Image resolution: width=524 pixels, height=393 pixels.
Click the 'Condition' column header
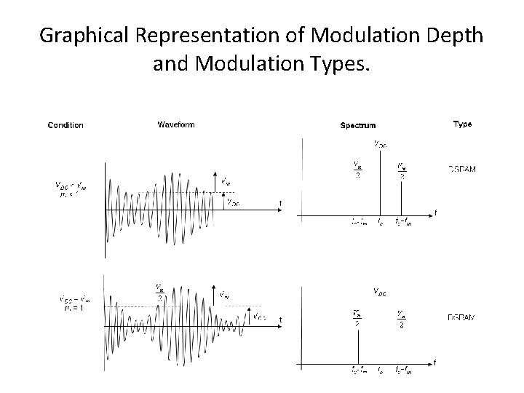(65, 125)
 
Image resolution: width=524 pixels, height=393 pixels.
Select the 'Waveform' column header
(176, 124)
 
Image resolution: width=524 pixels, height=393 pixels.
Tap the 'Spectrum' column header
(359, 125)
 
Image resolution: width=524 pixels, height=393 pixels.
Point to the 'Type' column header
(462, 124)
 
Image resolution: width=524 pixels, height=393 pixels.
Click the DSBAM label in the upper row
(461, 170)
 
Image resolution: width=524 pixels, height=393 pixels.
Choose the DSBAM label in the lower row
(461, 318)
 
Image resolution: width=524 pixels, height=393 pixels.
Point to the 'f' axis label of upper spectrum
(435, 213)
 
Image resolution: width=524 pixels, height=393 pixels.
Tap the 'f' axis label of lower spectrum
(435, 362)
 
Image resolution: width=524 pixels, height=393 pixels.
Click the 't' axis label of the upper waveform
(281, 203)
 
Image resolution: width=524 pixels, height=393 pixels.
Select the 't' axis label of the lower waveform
(281, 320)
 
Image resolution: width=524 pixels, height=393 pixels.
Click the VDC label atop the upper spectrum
(380, 143)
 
